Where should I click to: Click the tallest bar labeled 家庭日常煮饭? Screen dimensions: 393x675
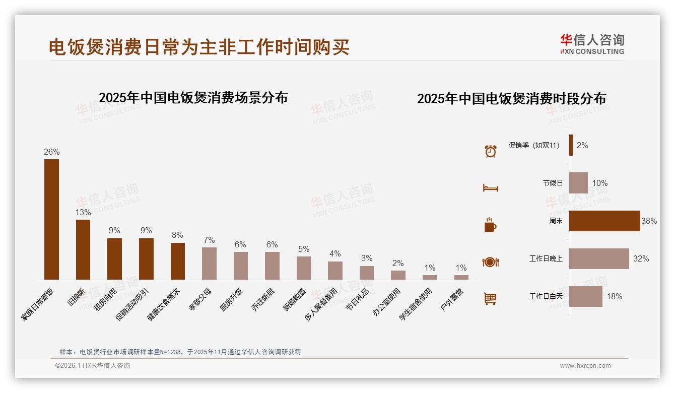51,219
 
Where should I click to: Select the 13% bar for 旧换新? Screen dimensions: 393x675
83,249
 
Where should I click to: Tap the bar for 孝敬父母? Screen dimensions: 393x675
209,263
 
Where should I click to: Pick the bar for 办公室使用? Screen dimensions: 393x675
398,275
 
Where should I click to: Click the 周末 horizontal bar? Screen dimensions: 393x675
604,221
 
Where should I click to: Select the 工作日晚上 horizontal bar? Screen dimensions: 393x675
599,258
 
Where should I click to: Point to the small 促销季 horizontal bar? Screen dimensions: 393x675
571,145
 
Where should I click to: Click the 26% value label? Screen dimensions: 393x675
51,152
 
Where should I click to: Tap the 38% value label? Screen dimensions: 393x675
649,221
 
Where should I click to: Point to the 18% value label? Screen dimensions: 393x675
614,296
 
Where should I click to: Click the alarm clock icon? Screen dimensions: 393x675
490,151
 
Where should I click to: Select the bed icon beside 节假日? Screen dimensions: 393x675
490,188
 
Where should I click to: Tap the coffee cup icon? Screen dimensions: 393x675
490,225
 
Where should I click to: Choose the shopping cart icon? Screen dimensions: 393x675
490,299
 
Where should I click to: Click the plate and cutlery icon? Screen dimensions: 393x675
490,262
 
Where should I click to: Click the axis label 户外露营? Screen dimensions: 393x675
453,299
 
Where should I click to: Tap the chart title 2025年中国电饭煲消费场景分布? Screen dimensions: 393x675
193,98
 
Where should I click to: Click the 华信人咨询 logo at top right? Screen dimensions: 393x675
592,44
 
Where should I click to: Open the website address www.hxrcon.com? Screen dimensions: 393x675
585,366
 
